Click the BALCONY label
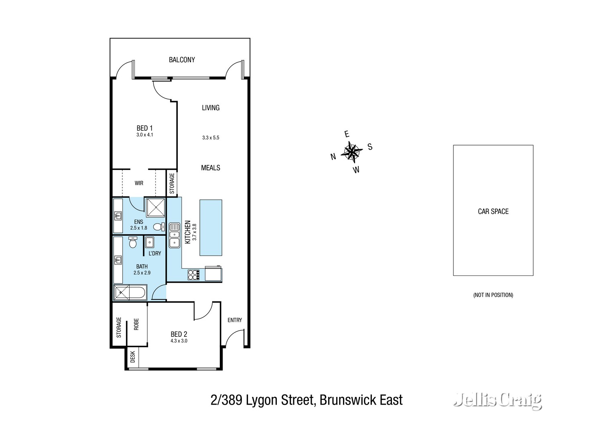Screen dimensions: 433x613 click(182, 60)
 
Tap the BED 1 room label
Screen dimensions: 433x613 click(144, 128)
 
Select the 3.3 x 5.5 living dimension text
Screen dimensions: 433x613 click(211, 138)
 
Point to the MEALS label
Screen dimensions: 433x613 click(211, 168)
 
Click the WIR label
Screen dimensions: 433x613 click(139, 183)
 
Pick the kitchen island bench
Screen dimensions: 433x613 click(211, 227)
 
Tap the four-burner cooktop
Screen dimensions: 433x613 click(193, 275)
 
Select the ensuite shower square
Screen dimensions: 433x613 click(154, 207)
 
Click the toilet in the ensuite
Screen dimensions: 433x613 click(159, 227)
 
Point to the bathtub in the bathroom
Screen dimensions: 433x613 click(130, 292)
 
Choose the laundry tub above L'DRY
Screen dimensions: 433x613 click(149, 242)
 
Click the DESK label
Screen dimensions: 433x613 click(133, 357)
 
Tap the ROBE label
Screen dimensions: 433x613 click(136, 324)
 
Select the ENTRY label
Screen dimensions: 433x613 click(235, 320)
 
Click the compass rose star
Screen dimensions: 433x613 click(351, 152)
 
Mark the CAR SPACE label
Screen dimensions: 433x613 click(493, 211)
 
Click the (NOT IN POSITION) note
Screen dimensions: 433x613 click(493, 295)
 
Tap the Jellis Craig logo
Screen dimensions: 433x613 click(497, 400)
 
